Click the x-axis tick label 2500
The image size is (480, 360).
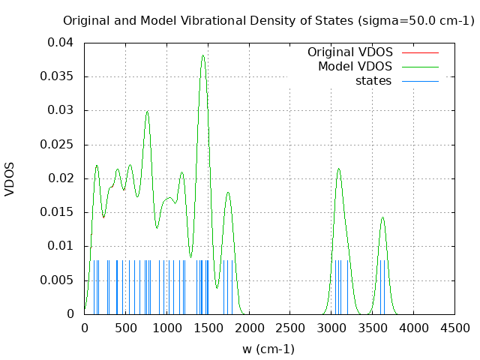[x=289, y=328]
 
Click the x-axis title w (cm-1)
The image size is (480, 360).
[x=268, y=349]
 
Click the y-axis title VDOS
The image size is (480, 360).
[x=10, y=178]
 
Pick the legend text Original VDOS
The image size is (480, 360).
[x=350, y=52]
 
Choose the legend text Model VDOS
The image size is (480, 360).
[x=355, y=67]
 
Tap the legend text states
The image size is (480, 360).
[x=373, y=81]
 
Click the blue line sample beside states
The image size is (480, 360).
[x=420, y=81]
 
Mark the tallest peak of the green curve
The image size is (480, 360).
[x=202, y=55]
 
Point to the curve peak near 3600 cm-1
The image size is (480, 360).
[x=382, y=217]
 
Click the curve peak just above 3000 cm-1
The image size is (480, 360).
[x=339, y=169]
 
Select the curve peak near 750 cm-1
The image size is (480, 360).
[x=148, y=111]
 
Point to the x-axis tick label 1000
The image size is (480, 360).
[x=166, y=328]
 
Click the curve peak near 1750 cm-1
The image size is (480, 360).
[x=228, y=193]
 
